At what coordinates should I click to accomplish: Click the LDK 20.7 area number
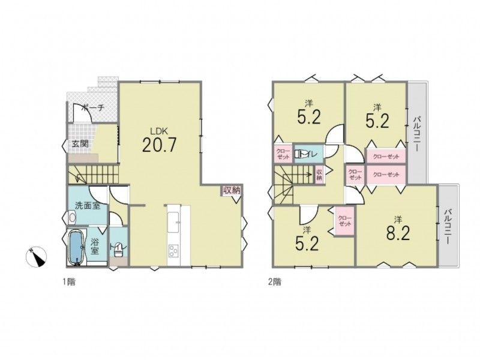(x=159, y=145)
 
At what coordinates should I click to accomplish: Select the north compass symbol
(x=36, y=257)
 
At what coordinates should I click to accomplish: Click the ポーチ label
(x=94, y=108)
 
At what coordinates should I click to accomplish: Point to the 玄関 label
(x=80, y=143)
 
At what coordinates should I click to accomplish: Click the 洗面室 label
(x=88, y=206)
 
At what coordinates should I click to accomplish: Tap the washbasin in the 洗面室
(x=72, y=218)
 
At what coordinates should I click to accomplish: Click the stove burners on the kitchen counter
(x=173, y=250)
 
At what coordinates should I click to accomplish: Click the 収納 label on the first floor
(x=232, y=190)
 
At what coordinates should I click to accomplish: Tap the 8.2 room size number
(x=398, y=234)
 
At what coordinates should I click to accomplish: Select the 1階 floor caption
(x=69, y=281)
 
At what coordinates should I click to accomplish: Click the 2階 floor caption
(x=275, y=281)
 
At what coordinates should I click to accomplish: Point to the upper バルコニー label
(x=416, y=133)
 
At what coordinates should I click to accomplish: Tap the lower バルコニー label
(x=448, y=227)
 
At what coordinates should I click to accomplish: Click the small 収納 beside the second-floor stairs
(x=319, y=175)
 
